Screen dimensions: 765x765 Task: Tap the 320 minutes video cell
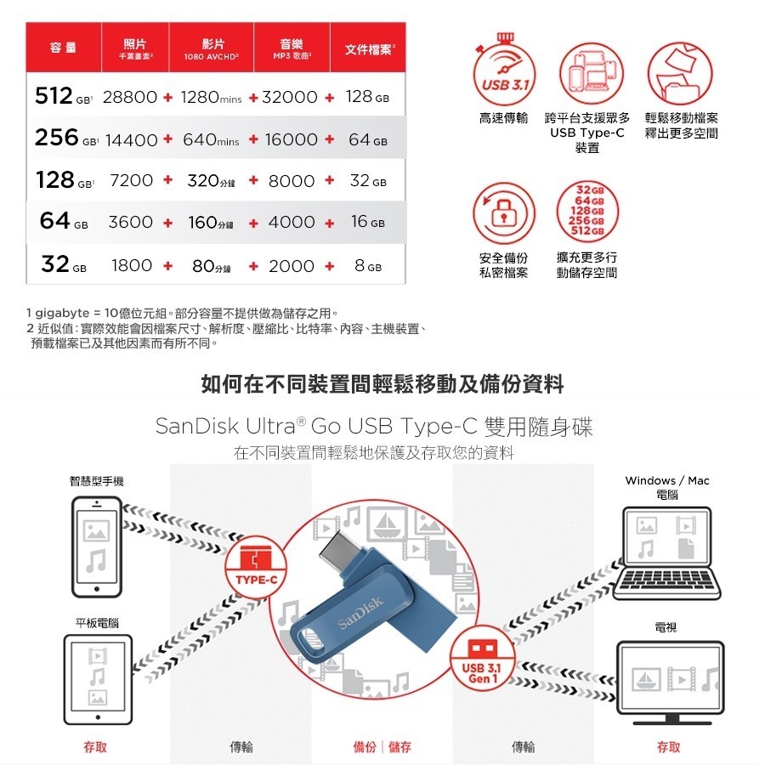[x=213, y=181]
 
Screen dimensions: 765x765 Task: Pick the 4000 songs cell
[x=291, y=222]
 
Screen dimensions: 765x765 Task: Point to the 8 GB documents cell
[x=367, y=266]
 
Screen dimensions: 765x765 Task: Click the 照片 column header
[x=133, y=48]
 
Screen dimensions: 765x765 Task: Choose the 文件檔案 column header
[x=370, y=49]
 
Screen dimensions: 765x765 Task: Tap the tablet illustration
[x=97, y=676]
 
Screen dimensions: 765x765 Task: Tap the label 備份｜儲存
[x=382, y=747]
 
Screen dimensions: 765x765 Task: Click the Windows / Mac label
[x=666, y=481]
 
